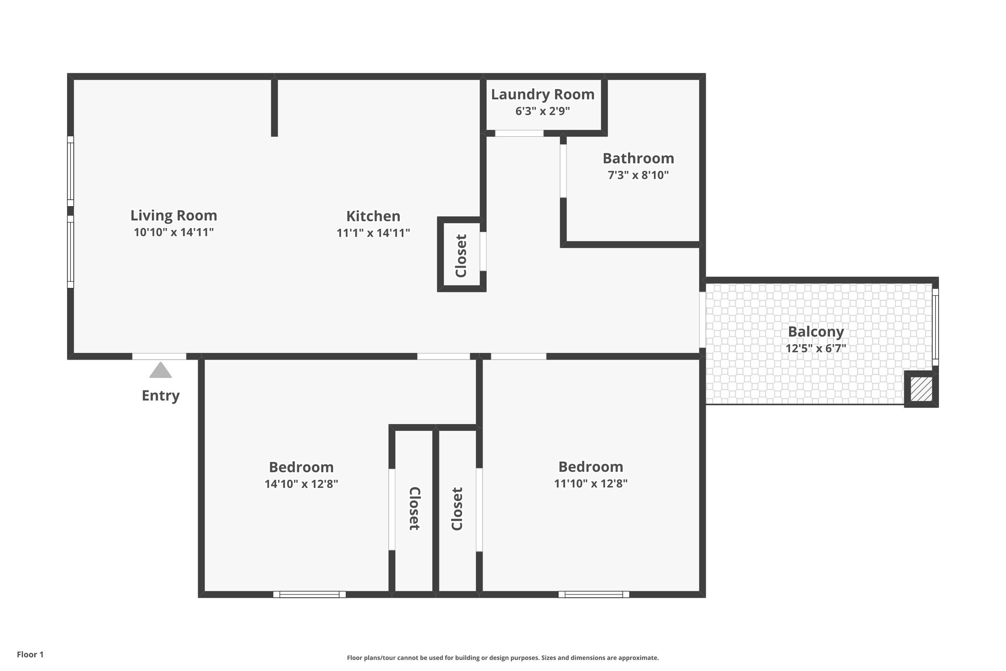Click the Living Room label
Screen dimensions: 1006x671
pyautogui.click(x=173, y=215)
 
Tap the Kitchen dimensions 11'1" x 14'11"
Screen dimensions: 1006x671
pyautogui.click(x=373, y=233)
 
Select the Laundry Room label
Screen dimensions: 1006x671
pyautogui.click(x=542, y=95)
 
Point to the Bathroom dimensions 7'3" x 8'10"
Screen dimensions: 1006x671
pyautogui.click(x=638, y=175)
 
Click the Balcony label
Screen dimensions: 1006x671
pyautogui.click(x=816, y=332)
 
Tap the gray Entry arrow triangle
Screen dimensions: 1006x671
pyautogui.click(x=160, y=370)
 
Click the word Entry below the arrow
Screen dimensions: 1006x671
pyautogui.click(x=160, y=396)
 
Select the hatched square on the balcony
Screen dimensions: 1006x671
pyautogui.click(x=921, y=389)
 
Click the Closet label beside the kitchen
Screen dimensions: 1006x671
pyautogui.click(x=461, y=256)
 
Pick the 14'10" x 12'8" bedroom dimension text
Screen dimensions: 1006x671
pyautogui.click(x=301, y=484)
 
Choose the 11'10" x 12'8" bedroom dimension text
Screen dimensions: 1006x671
pyautogui.click(x=591, y=483)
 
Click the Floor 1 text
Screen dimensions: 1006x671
pyautogui.click(x=30, y=654)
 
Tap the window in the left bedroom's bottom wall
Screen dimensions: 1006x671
pyautogui.click(x=309, y=594)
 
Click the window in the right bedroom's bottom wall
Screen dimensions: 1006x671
pyautogui.click(x=594, y=594)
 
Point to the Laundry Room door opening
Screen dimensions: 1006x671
pyautogui.click(x=519, y=133)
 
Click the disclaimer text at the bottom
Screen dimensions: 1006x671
pyautogui.click(x=502, y=658)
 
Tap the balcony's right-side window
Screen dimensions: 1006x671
pyautogui.click(x=935, y=327)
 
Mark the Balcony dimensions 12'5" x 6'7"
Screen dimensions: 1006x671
pyautogui.click(x=816, y=348)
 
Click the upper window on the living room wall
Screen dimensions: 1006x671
pyautogui.click(x=70, y=171)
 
